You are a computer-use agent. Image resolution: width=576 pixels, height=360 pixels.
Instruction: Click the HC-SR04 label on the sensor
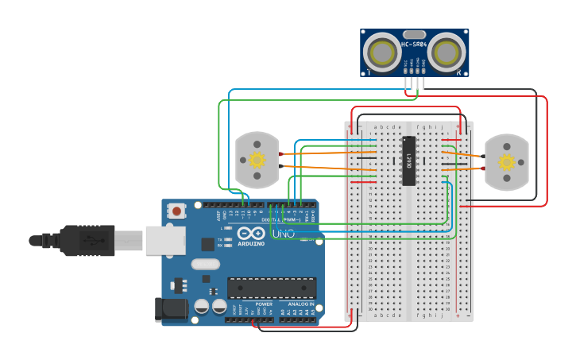[x=414, y=45]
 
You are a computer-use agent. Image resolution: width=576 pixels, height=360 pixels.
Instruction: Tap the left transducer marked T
[x=382, y=53]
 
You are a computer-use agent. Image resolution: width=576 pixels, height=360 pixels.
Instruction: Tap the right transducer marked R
[x=447, y=53]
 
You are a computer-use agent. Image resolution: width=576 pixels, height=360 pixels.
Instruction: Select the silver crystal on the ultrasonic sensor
[x=415, y=34]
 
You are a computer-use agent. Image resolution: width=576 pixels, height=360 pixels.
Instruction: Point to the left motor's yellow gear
[x=257, y=160]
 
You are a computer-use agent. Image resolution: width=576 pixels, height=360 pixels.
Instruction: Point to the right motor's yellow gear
[x=506, y=162]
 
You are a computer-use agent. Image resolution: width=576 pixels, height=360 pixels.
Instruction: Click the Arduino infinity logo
[x=251, y=234]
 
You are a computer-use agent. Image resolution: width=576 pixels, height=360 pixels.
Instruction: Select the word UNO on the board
[x=284, y=234]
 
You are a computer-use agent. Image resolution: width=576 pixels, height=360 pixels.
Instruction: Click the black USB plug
[x=87, y=240]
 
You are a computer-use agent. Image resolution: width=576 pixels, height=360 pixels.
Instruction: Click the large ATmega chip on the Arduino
[x=272, y=288]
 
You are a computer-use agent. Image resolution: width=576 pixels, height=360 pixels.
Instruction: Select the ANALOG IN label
[x=301, y=304]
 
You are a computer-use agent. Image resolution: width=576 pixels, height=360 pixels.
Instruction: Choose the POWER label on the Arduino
[x=264, y=304]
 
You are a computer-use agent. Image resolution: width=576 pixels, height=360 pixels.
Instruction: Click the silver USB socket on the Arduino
[x=165, y=240]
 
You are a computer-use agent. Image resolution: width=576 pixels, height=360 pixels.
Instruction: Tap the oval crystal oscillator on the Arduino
[x=205, y=264]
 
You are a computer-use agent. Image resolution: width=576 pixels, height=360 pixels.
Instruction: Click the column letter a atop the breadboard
[x=377, y=126]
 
